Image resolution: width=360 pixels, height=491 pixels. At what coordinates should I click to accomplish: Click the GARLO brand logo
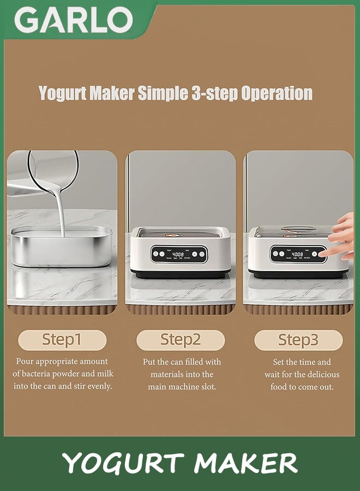click(x=73, y=20)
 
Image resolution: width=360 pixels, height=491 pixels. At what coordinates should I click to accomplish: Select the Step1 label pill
click(x=62, y=340)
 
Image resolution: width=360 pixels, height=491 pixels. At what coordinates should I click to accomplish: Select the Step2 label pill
click(x=181, y=340)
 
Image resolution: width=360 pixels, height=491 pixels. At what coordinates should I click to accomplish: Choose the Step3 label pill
click(x=298, y=340)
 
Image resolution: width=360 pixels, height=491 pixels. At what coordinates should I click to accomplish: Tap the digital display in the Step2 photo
click(x=178, y=254)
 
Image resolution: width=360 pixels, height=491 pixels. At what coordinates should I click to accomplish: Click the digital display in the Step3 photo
click(x=297, y=254)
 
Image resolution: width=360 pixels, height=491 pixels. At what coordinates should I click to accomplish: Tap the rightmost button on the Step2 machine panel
click(x=202, y=254)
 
